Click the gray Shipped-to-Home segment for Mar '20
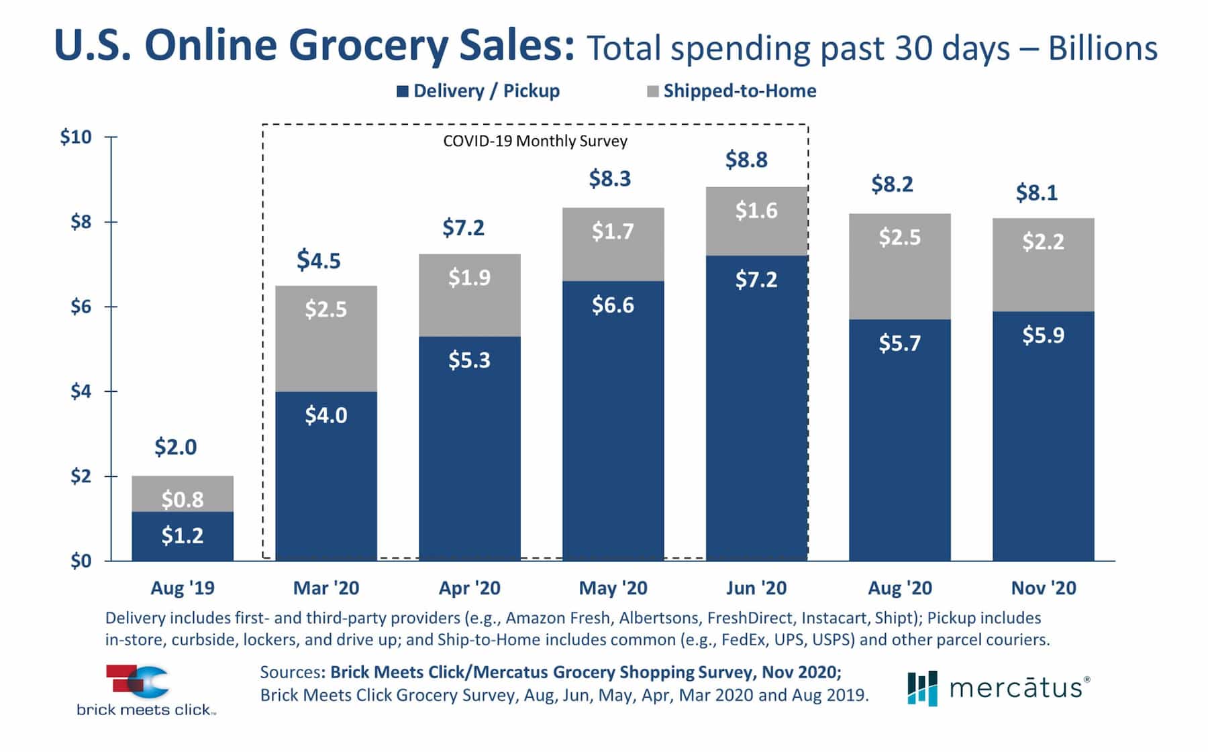point(326,339)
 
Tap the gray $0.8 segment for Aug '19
point(183,494)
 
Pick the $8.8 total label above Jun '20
point(746,160)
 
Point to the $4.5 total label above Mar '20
point(319,260)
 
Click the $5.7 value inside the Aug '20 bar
point(899,343)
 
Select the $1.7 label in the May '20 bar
point(612,231)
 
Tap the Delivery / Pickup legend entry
point(479,91)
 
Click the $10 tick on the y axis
point(76,137)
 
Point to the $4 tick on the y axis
point(81,391)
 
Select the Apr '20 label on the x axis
point(469,588)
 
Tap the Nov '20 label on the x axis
point(1043,588)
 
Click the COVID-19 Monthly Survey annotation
point(535,142)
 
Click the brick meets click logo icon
point(138,682)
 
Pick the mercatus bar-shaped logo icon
point(922,688)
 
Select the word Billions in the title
point(1103,48)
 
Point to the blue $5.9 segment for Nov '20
point(1043,436)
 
